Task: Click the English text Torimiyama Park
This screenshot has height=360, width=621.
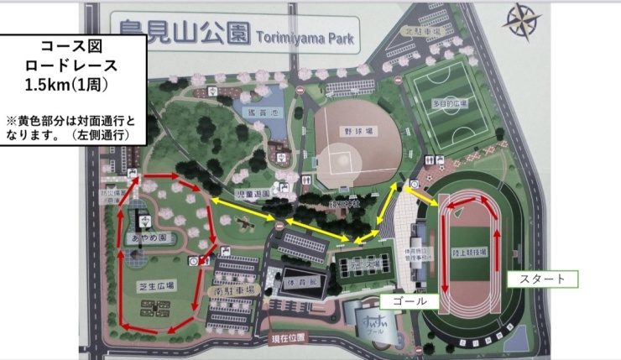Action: (x=303, y=39)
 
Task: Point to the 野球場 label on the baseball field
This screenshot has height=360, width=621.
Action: (x=356, y=132)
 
